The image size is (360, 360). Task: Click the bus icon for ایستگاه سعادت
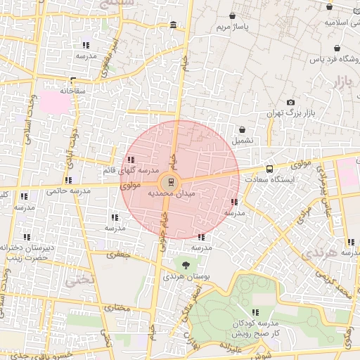click(269, 169)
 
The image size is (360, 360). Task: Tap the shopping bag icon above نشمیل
click(243, 130)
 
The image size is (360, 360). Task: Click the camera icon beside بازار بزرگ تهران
click(291, 103)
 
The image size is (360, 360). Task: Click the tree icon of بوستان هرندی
click(186, 265)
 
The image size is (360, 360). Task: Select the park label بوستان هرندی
click(183, 276)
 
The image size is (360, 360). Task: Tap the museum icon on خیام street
click(173, 26)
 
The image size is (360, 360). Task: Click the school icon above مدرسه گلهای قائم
click(131, 160)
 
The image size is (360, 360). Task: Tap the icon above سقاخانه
click(72, 80)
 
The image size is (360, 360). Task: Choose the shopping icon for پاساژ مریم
click(233, 15)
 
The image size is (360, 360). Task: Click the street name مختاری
click(121, 307)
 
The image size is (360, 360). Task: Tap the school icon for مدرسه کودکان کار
click(256, 311)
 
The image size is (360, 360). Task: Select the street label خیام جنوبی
click(159, 226)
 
